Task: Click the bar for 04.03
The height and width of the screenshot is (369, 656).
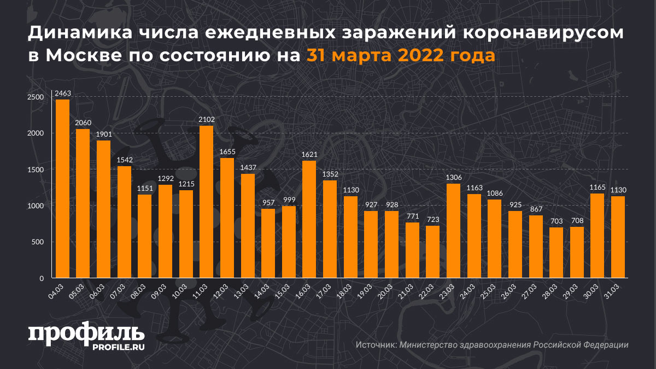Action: pyautogui.click(x=62, y=189)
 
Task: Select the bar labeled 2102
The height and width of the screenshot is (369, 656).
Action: pyautogui.click(x=206, y=202)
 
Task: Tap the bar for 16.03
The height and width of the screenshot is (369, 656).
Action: pyautogui.click(x=309, y=219)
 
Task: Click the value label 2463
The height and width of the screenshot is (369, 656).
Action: pyautogui.click(x=62, y=93)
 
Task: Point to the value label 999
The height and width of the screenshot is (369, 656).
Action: pyautogui.click(x=288, y=200)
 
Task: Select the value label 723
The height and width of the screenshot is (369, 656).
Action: pyautogui.click(x=432, y=220)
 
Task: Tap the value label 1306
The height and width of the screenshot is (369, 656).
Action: pyautogui.click(x=453, y=178)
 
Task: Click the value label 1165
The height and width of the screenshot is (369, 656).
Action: pyautogui.click(x=598, y=188)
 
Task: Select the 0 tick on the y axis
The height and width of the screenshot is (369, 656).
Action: pyautogui.click(x=41, y=278)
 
